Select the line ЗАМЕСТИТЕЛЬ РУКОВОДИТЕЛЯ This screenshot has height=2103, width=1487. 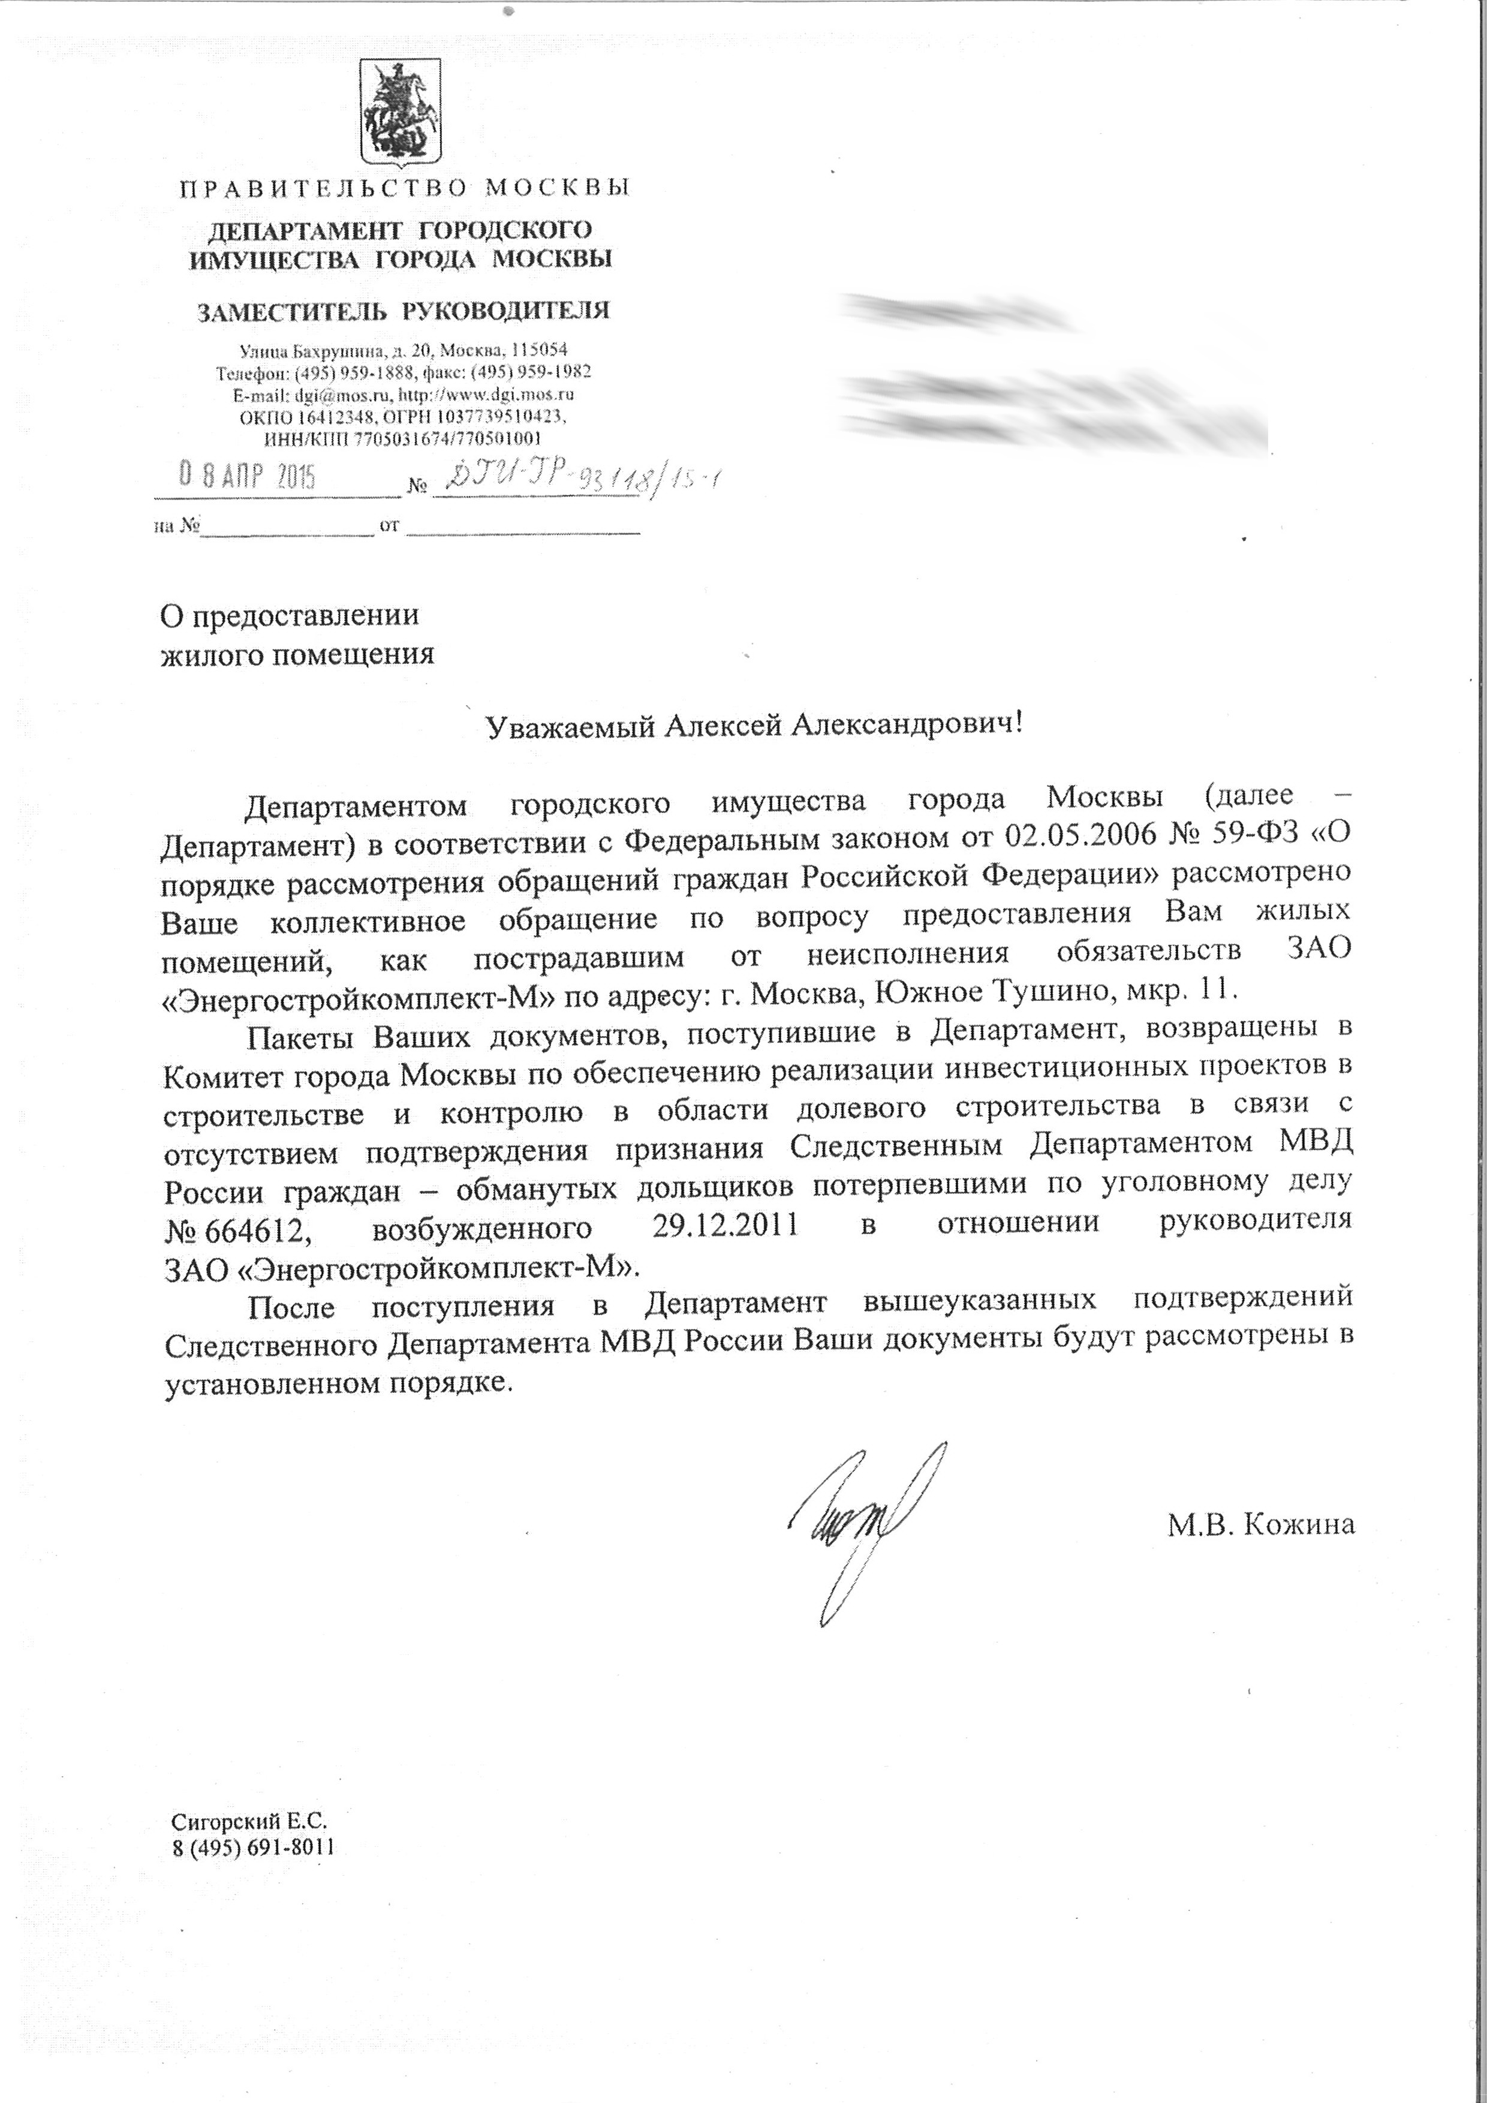403,311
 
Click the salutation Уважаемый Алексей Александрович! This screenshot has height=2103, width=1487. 751,726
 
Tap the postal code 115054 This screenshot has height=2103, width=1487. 538,350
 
